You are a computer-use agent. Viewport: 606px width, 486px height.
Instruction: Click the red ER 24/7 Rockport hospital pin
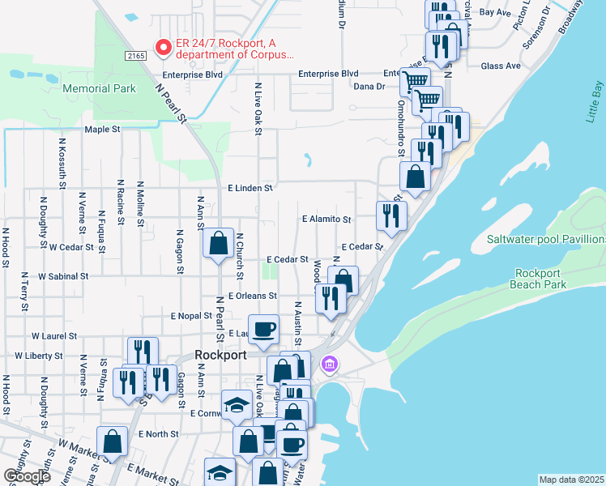[x=163, y=49]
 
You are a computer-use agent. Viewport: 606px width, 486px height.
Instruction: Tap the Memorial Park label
[x=99, y=88]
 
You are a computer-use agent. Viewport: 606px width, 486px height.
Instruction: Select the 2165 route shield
[x=136, y=55]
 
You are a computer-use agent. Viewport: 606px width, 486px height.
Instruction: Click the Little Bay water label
[x=596, y=101]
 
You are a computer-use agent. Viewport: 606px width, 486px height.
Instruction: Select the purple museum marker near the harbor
[x=328, y=364]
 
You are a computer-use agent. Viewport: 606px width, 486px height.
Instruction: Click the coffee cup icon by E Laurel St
[x=263, y=329]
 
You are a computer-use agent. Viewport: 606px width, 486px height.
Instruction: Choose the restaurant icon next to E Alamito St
[x=391, y=215]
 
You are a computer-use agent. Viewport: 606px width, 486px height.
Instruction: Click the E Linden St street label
[x=250, y=188]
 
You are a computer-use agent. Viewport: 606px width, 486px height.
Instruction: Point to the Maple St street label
[x=102, y=130]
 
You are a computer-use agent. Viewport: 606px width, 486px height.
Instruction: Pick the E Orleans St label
[x=253, y=296]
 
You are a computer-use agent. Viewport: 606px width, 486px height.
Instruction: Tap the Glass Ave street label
[x=501, y=66]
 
